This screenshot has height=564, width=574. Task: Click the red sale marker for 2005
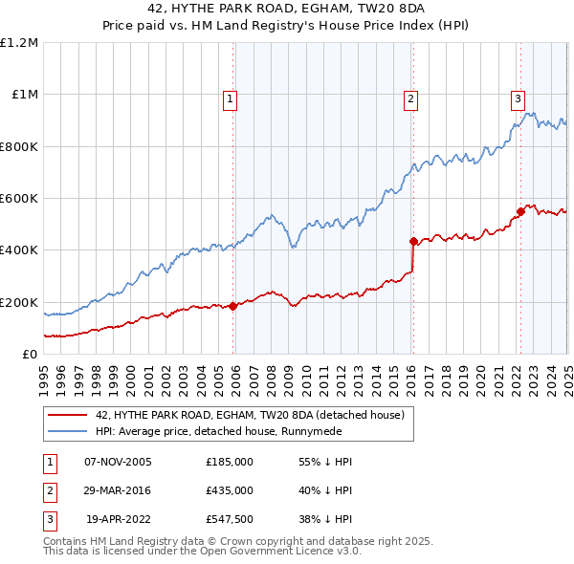click(233, 307)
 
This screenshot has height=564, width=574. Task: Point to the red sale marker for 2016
click(413, 242)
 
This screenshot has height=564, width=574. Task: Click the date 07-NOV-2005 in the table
click(118, 461)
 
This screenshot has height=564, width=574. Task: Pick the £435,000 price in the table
click(230, 490)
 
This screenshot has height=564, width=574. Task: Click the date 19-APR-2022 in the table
click(119, 520)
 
